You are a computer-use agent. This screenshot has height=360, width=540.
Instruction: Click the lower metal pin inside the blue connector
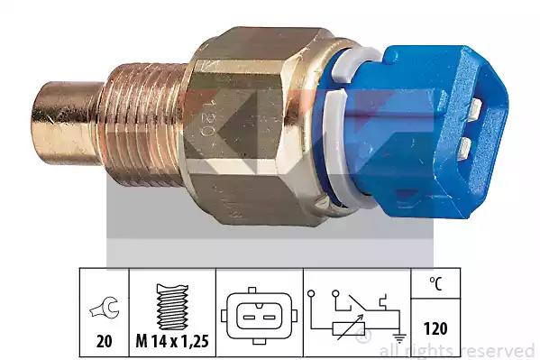pyautogui.click(x=465, y=148)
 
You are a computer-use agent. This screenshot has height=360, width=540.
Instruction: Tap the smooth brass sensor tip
pyautogui.click(x=66, y=123)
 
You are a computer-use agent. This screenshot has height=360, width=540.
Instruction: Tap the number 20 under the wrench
pyautogui.click(x=105, y=341)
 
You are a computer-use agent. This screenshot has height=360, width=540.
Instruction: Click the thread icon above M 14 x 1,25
pyautogui.click(x=172, y=307)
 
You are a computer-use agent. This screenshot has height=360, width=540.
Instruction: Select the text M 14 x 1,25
pyautogui.click(x=172, y=341)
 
